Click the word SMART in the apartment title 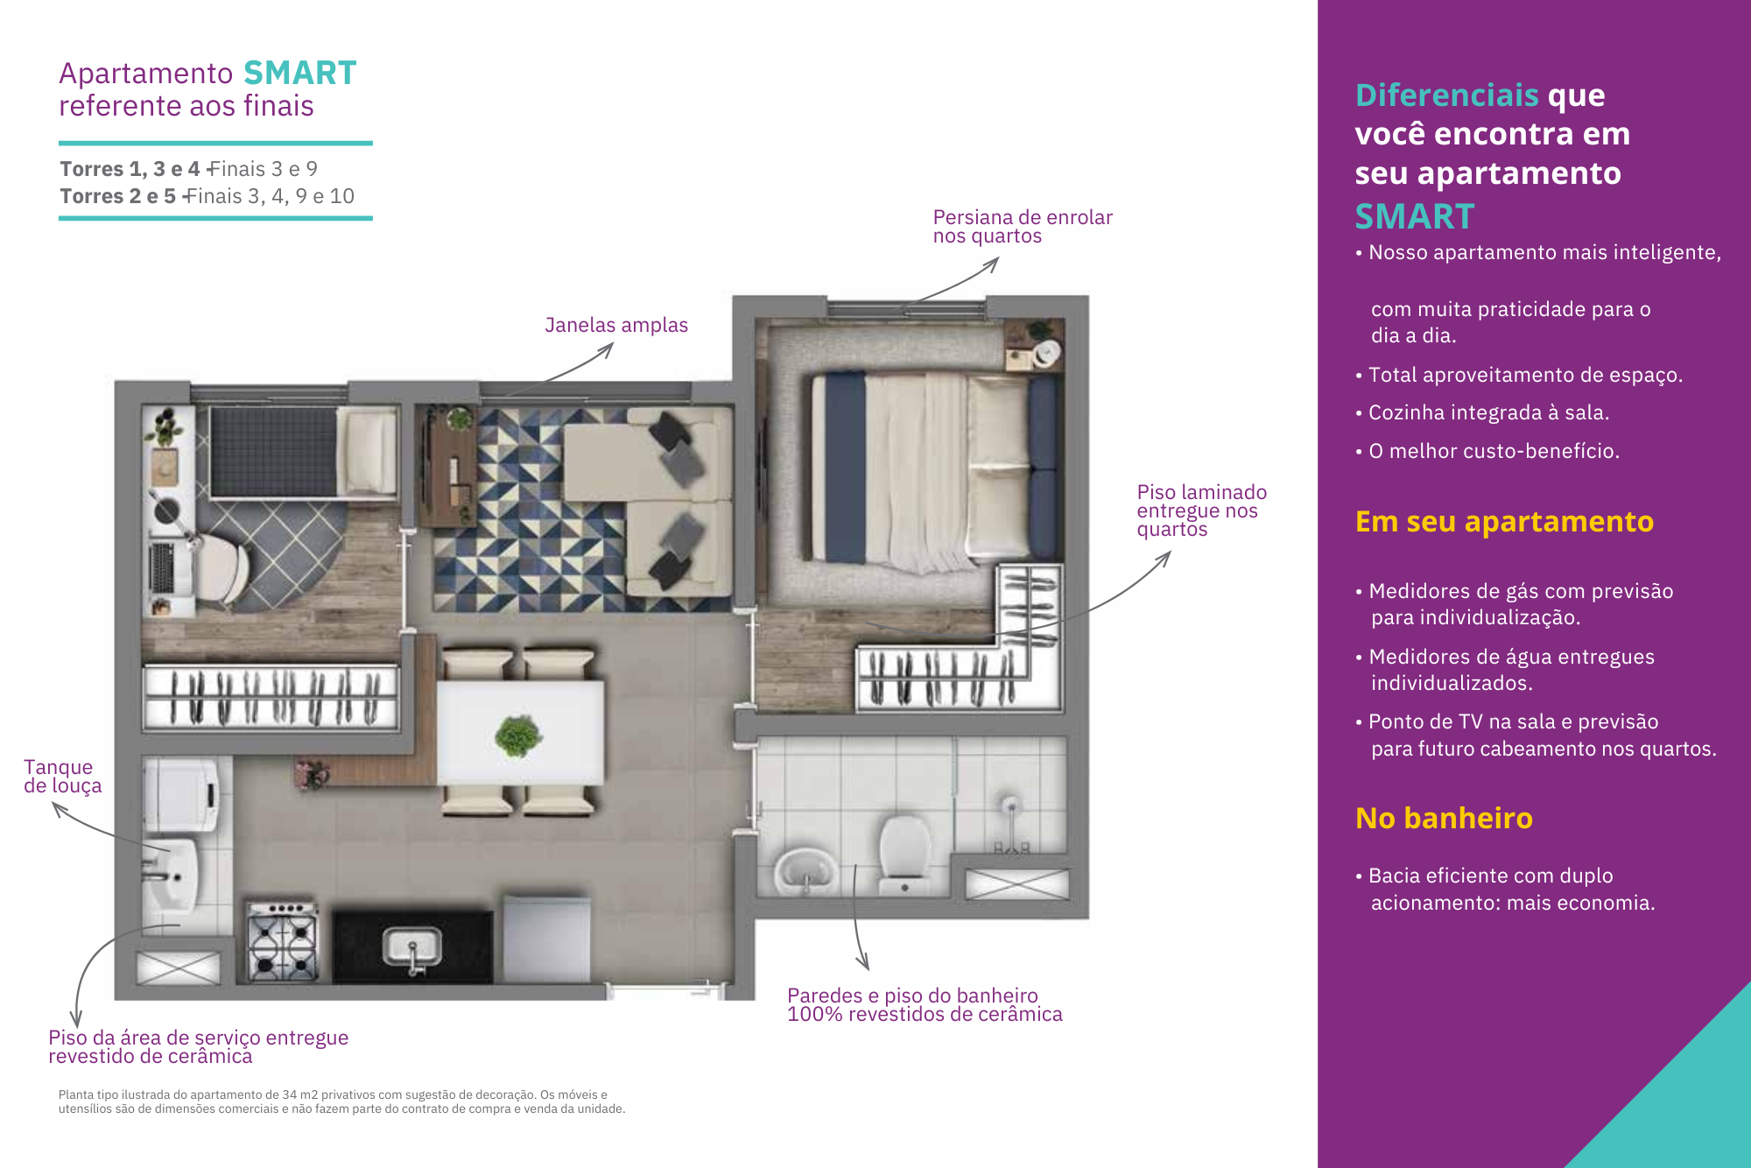point(299,73)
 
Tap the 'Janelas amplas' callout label point(616,325)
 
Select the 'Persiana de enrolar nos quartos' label point(1023,226)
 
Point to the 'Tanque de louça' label point(62,776)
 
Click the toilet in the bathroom point(904,854)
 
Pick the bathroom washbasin point(804,870)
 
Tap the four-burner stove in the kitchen point(282,941)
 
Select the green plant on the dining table point(518,735)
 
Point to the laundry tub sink point(171,876)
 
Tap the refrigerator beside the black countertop point(546,939)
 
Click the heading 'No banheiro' point(1444,818)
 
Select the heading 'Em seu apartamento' point(1504,522)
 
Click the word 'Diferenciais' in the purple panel point(1446,95)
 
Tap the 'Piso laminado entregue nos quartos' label point(1201,510)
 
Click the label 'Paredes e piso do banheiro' point(912,996)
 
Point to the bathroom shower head point(1010,804)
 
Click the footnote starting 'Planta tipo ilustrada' point(342,1101)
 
